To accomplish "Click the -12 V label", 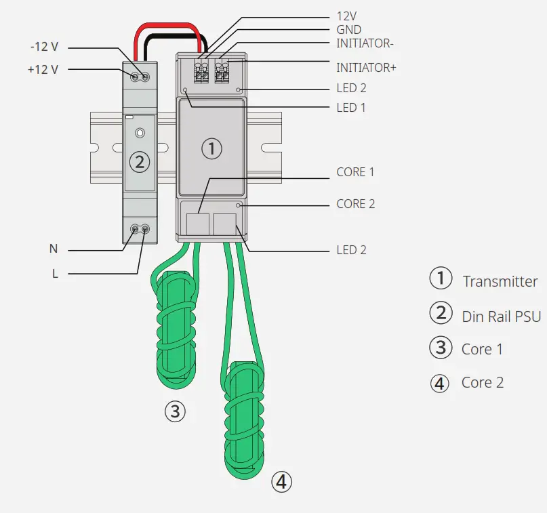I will [x=44, y=47].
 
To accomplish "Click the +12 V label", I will [x=43, y=69].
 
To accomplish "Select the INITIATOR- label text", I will [x=365, y=44].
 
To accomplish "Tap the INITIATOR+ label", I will [x=366, y=68].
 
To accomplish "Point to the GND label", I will [x=349, y=30].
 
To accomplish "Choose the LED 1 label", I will [x=351, y=108].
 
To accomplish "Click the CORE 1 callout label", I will [x=355, y=172].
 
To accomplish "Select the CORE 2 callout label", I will [x=355, y=204].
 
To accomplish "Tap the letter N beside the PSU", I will [x=54, y=249].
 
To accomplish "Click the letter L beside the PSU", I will [x=54, y=273].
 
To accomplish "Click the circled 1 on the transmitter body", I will [x=212, y=148].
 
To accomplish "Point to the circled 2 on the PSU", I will [x=139, y=161].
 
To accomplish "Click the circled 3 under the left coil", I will [x=174, y=411].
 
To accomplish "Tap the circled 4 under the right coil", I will [x=281, y=482].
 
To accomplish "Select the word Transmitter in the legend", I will [x=500, y=282].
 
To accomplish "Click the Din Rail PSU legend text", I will [x=501, y=316].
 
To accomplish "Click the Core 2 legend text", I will [x=482, y=382].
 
